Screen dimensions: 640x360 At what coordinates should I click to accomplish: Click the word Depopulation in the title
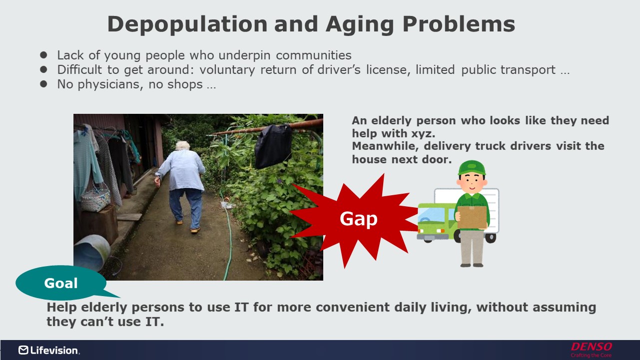(x=187, y=25)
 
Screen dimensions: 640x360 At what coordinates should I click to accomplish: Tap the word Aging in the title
(x=361, y=25)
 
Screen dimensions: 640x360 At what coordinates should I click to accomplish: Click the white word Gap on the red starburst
(x=359, y=219)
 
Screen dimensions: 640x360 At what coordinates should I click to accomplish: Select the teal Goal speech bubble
(x=61, y=283)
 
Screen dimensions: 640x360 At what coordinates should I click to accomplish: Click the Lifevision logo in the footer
(x=49, y=350)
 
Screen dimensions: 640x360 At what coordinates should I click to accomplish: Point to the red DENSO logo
(x=591, y=350)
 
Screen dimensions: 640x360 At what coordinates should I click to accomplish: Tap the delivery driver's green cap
(x=472, y=168)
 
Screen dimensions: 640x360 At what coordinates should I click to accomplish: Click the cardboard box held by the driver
(x=472, y=217)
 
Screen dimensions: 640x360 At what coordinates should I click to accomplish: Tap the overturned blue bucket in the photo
(x=92, y=253)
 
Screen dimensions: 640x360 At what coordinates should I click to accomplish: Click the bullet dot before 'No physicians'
(x=43, y=84)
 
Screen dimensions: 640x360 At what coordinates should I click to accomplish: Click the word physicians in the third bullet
(x=110, y=84)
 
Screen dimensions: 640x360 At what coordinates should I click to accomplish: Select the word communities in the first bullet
(x=313, y=55)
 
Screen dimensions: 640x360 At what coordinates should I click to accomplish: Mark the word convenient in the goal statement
(x=353, y=308)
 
